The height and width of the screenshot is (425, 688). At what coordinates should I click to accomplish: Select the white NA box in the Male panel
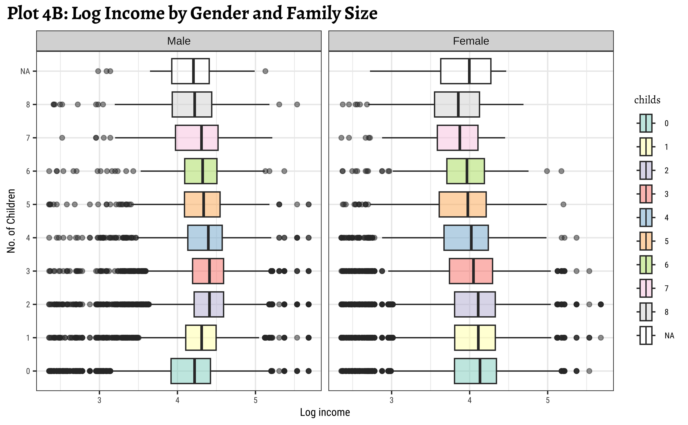point(190,71)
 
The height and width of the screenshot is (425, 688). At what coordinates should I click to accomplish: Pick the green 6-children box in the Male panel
point(201,171)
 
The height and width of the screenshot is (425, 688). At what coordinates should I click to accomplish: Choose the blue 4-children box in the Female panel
point(466,237)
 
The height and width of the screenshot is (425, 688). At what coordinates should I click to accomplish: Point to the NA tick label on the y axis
point(25,71)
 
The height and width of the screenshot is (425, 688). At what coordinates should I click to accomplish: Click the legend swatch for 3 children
point(646,194)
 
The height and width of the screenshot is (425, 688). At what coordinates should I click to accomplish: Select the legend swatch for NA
point(646,335)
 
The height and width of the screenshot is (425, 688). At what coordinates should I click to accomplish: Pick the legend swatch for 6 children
point(646,264)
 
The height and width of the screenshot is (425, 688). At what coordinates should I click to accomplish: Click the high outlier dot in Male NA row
point(265,71)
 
